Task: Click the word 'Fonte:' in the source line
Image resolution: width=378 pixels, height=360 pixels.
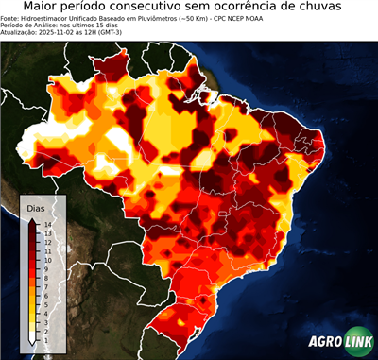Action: pyautogui.click(x=10, y=19)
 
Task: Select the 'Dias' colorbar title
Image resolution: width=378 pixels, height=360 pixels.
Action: pyautogui.click(x=35, y=208)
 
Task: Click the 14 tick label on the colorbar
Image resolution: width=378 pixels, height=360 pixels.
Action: pyautogui.click(x=47, y=223)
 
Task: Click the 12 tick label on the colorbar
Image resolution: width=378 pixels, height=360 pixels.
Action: pyautogui.click(x=47, y=239)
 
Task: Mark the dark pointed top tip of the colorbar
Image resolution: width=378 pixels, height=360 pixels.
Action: pyautogui.click(x=32, y=218)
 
